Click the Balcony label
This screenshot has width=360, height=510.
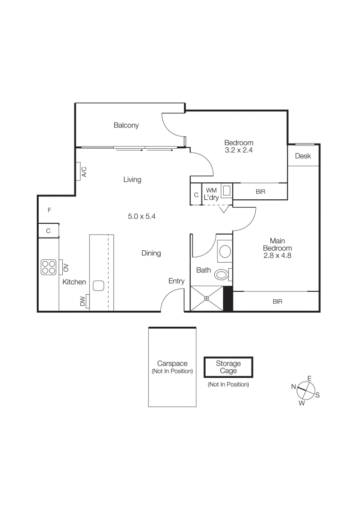(x=126, y=126)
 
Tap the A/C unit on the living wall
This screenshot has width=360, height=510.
(x=81, y=171)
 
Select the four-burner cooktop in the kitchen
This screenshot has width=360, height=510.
(x=49, y=267)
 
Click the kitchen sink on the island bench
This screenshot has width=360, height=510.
(x=99, y=286)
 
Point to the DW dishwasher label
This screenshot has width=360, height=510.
(x=83, y=300)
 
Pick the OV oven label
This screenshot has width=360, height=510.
(x=66, y=267)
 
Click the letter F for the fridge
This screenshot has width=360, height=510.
(x=49, y=210)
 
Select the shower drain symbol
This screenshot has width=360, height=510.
(x=207, y=298)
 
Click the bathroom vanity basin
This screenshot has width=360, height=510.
(x=225, y=251)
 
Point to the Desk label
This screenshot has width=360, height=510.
(x=303, y=156)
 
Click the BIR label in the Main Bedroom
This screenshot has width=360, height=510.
(x=277, y=301)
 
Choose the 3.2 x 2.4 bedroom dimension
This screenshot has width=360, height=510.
(x=239, y=150)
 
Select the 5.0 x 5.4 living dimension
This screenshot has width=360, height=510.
(x=142, y=217)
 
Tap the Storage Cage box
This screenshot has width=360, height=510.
(x=228, y=367)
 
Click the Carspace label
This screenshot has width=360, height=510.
(x=172, y=364)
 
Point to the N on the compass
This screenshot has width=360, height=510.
(x=293, y=387)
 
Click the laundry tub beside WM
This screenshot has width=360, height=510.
(x=226, y=191)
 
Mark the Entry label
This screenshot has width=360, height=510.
(x=176, y=281)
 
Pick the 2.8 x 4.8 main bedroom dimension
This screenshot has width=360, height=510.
(x=277, y=255)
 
